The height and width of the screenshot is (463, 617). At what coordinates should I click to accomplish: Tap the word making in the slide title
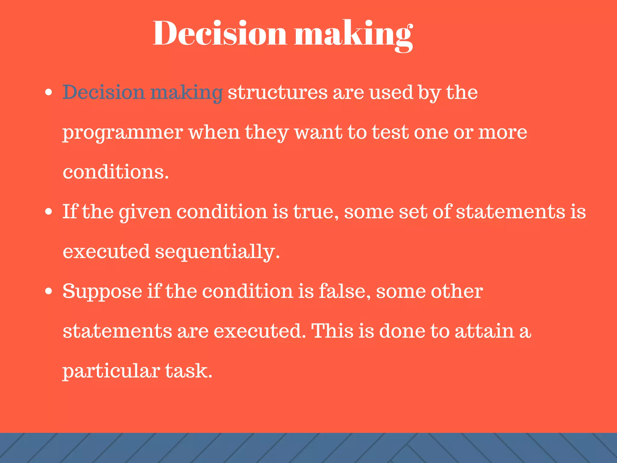[x=353, y=35]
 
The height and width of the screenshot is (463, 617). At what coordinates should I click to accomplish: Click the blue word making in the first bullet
[x=186, y=93]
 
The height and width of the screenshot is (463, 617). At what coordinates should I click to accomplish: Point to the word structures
[x=277, y=92]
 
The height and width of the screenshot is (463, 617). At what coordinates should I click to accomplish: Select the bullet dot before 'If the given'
[x=49, y=212]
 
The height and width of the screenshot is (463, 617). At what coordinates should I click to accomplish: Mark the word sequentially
[x=217, y=252]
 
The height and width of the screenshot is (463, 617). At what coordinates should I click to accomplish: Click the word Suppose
[x=102, y=292]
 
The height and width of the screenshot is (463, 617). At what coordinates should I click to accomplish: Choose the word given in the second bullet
[x=145, y=212]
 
